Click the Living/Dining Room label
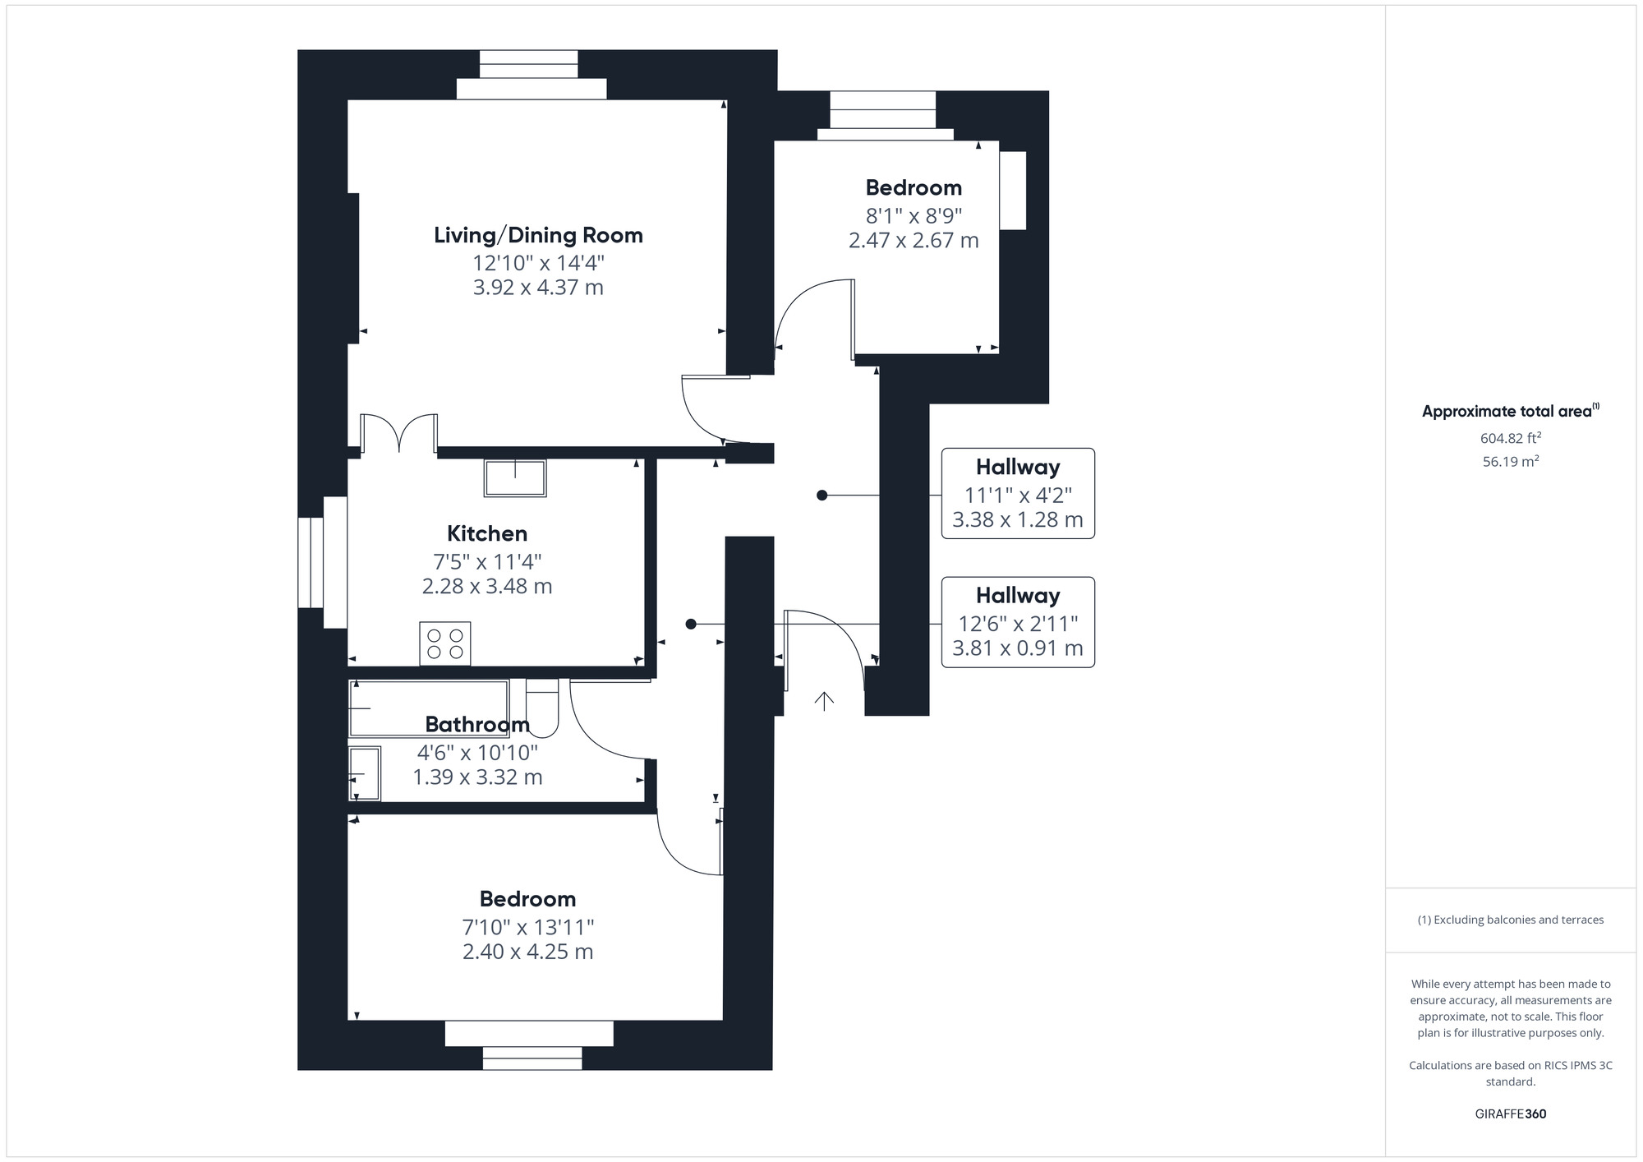[x=538, y=236]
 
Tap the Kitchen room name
[x=487, y=534]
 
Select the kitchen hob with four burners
[x=445, y=643]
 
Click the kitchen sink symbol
[x=515, y=478]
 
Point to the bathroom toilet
[x=542, y=707]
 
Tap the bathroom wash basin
[x=365, y=773]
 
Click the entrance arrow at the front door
[x=824, y=700]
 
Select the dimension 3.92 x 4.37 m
[x=538, y=288]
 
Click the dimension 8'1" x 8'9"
[x=914, y=216]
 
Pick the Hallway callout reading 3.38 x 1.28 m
[x=1018, y=494]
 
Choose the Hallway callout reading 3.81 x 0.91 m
[x=1018, y=622]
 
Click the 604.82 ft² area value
[x=1510, y=439]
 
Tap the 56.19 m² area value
[x=1510, y=462]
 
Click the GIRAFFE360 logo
[x=1510, y=1114]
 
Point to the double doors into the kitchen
[x=399, y=434]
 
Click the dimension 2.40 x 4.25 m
[x=527, y=952]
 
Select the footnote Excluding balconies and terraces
[x=1510, y=920]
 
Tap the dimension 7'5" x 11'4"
[x=487, y=562]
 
